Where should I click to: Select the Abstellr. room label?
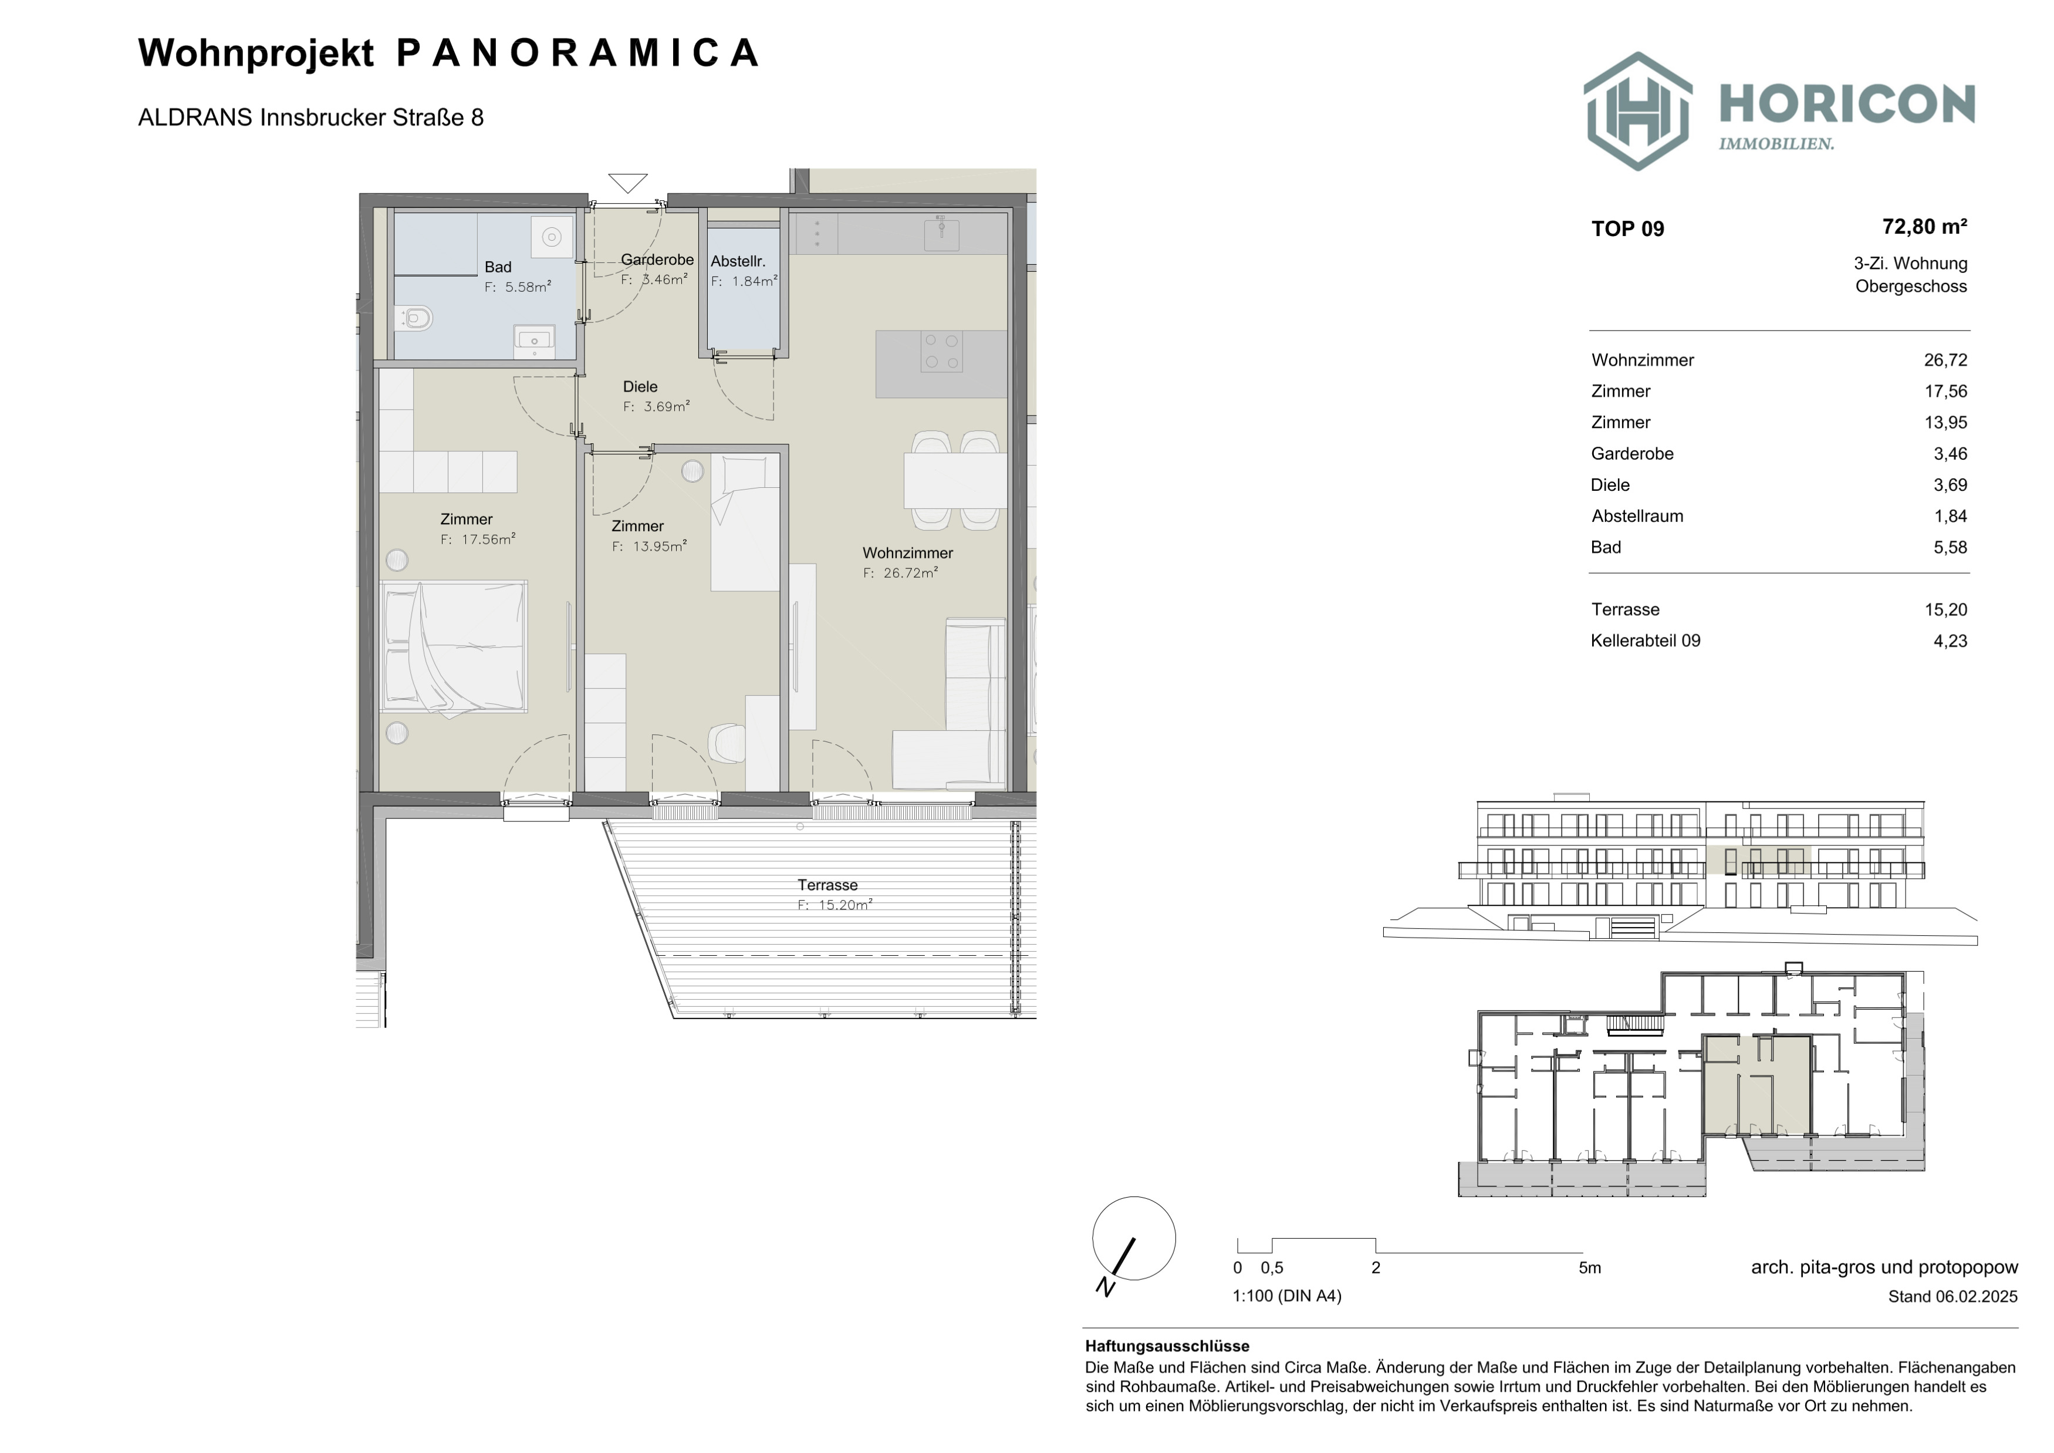(x=738, y=261)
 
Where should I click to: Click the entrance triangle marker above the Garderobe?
(x=627, y=183)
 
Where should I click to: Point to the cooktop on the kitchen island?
(x=941, y=352)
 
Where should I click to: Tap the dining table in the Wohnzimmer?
(x=955, y=480)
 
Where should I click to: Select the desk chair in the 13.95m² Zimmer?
(x=727, y=743)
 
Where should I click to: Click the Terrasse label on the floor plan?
(x=827, y=885)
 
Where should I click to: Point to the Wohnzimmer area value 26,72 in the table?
(x=1946, y=360)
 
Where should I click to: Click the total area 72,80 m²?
(x=1924, y=227)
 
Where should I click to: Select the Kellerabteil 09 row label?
(x=1645, y=640)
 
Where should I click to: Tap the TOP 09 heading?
(x=1627, y=229)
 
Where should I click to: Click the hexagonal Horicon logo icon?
(x=1638, y=111)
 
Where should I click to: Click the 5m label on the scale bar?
(x=1590, y=1268)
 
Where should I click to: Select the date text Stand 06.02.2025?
(x=1953, y=1296)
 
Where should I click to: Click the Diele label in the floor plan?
(x=640, y=386)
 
